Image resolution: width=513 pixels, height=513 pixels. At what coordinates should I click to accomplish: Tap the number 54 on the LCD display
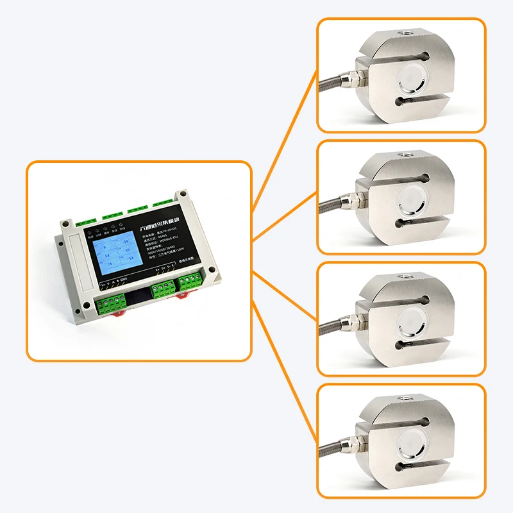[106, 255]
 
